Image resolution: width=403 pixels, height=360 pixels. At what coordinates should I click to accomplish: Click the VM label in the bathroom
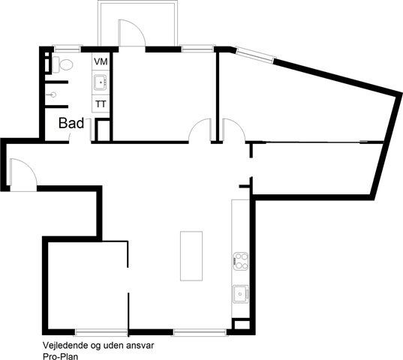point(101,61)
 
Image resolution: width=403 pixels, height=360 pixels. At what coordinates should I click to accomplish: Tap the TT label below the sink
point(101,104)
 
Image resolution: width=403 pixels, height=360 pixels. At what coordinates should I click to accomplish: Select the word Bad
point(71,123)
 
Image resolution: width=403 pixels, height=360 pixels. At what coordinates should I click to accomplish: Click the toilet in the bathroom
point(63,64)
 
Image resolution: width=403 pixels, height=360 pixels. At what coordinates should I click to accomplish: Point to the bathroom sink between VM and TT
point(101,82)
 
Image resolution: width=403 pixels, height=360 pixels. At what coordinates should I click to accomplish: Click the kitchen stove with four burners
point(241,261)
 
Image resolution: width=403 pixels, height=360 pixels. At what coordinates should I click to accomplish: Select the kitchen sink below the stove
point(241,294)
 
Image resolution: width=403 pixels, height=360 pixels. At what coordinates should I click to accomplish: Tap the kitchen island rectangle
point(191,256)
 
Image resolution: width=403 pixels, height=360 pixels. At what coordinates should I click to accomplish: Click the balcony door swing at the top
point(132,33)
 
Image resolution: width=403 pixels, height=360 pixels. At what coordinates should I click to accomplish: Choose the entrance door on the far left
point(23,175)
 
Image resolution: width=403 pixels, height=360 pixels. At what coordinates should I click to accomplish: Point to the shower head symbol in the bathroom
point(53,95)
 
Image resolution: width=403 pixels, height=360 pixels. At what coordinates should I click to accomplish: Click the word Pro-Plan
point(60,356)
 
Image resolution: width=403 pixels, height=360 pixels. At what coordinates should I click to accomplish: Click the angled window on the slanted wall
point(255,55)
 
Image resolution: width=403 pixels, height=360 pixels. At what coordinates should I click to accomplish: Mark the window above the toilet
point(67,49)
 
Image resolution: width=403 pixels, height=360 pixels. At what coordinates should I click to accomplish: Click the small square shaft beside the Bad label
point(103,130)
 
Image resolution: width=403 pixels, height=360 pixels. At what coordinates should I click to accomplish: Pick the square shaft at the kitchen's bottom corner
point(241,324)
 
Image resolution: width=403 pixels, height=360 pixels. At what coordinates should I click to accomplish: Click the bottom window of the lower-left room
point(101,333)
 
